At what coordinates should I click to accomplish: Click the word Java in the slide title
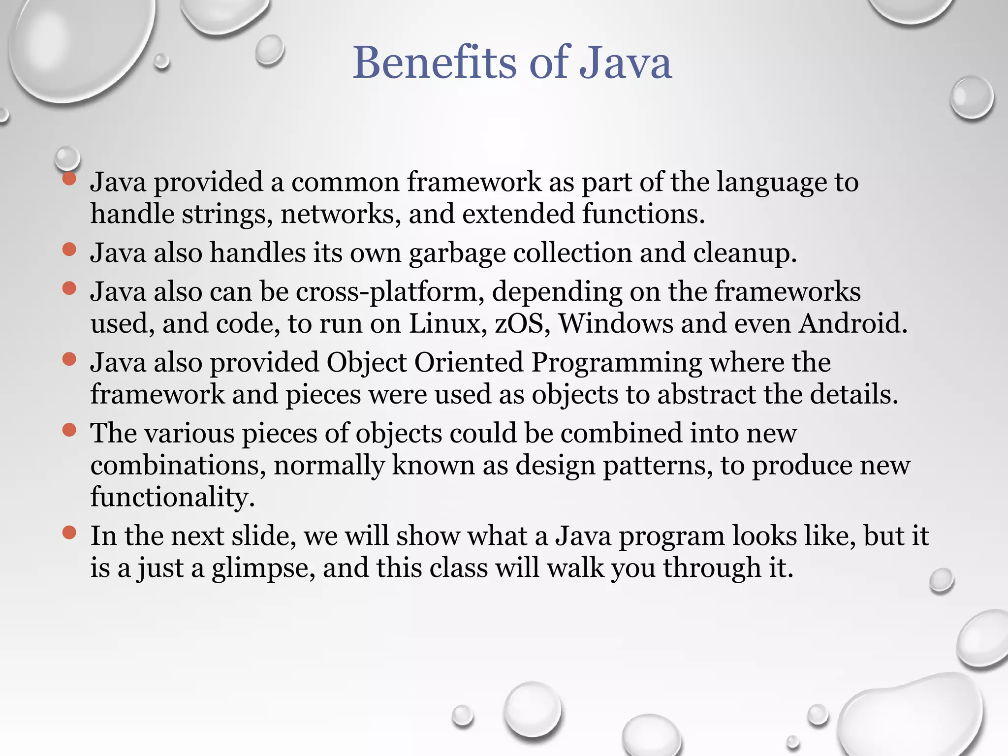pyautogui.click(x=625, y=63)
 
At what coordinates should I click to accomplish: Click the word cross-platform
pyautogui.click(x=386, y=292)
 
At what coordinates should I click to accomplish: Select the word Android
pyautogui.click(x=852, y=324)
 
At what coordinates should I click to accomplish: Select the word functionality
pyautogui.click(x=172, y=497)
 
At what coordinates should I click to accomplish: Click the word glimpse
pyautogui.click(x=263, y=569)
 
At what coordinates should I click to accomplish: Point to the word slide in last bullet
pyautogui.click(x=263, y=536)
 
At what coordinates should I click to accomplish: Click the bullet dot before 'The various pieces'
pyautogui.click(x=69, y=431)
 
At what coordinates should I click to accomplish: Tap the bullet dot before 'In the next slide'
pyautogui.click(x=69, y=533)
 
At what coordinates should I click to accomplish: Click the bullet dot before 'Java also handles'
pyautogui.click(x=69, y=250)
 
